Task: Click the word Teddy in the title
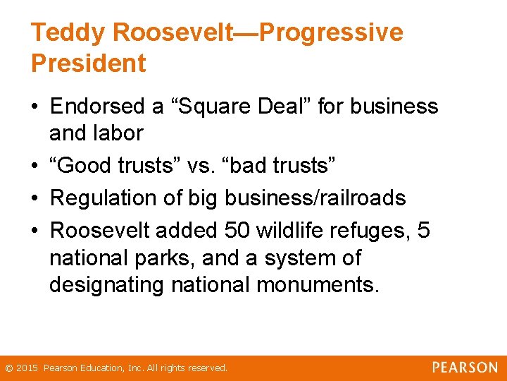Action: [67, 33]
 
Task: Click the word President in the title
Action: [89, 64]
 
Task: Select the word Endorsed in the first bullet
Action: [99, 107]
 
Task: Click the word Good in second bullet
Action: [85, 165]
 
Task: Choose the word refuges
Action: [371, 231]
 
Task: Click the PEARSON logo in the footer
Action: [464, 368]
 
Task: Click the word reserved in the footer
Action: [208, 368]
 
